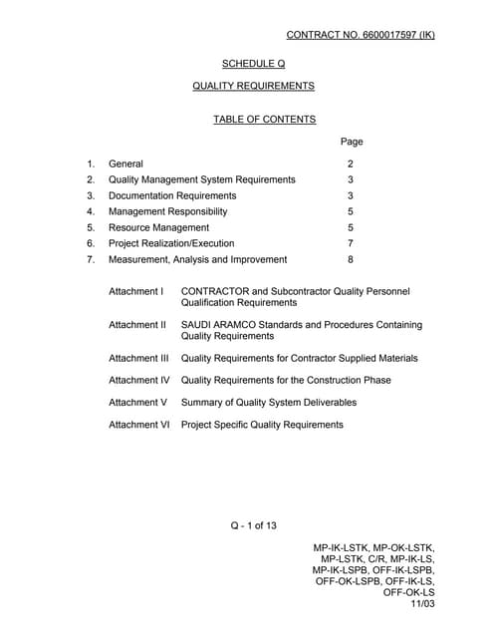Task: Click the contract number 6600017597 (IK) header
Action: [x=361, y=35]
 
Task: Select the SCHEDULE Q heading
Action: [x=254, y=64]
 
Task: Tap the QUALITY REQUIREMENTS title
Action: [x=254, y=86]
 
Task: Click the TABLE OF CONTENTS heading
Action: [x=264, y=120]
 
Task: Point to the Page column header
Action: [x=352, y=142]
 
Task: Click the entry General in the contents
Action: [x=125, y=163]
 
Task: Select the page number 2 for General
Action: [x=351, y=163]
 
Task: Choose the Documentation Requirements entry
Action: [x=172, y=195]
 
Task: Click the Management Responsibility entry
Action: [x=167, y=211]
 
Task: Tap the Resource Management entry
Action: [x=158, y=227]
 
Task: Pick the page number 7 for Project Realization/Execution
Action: [x=351, y=243]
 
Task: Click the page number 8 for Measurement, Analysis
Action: [x=351, y=259]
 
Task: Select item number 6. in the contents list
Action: [x=91, y=243]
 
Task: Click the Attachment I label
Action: [x=135, y=292]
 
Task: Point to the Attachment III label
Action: [x=138, y=358]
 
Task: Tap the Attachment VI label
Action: [x=139, y=425]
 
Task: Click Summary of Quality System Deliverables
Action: [x=269, y=403]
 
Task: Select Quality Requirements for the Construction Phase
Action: [x=286, y=380]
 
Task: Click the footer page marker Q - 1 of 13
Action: [x=254, y=526]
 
